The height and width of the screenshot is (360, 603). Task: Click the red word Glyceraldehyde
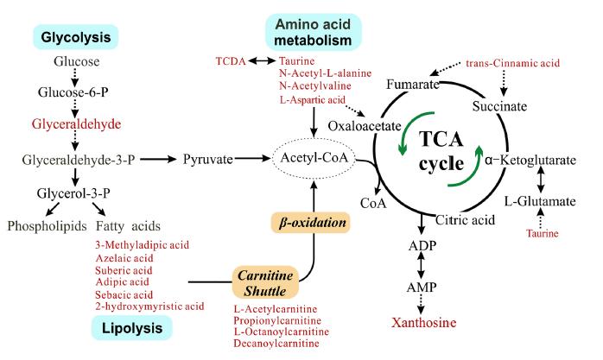click(x=76, y=123)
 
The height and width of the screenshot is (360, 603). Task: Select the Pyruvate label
click(x=210, y=160)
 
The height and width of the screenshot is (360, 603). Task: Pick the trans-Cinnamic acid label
click(x=512, y=62)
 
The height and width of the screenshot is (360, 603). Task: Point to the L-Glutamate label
click(x=542, y=200)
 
